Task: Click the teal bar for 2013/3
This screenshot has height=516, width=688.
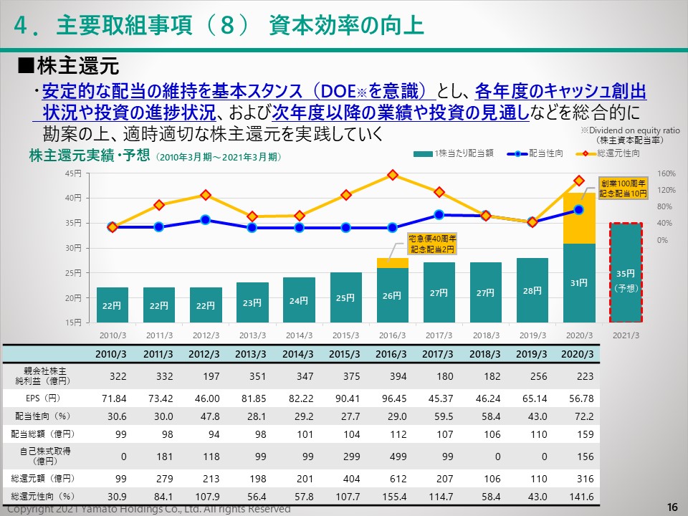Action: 252,302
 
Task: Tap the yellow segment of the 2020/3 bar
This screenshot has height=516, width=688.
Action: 579,219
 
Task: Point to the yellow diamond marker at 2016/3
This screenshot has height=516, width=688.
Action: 393,175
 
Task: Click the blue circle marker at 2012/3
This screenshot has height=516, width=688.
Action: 206,220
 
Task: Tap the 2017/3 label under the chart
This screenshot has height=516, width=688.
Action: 439,335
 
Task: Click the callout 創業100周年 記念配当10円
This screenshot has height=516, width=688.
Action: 623,188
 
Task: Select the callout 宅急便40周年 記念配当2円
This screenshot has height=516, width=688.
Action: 432,244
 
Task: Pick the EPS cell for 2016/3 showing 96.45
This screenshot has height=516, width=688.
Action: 392,398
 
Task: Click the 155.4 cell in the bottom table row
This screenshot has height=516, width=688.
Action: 392,497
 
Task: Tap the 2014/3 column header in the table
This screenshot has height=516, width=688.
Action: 299,354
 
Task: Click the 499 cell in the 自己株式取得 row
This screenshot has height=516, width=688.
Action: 392,456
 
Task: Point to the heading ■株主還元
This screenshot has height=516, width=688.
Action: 67,67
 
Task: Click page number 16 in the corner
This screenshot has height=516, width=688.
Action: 672,507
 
